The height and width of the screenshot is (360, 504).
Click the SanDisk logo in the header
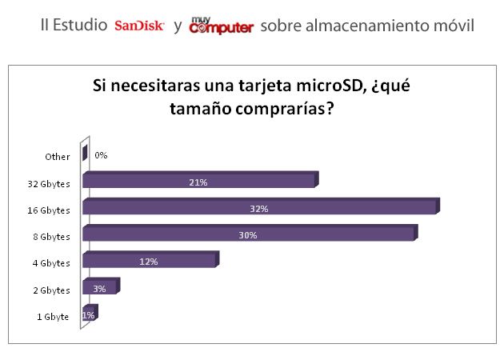click(139, 26)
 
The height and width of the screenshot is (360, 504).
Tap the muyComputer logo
click(221, 26)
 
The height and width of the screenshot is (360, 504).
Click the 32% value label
click(258, 209)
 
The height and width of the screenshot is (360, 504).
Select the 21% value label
click(198, 182)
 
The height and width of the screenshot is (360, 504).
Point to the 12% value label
click(149, 262)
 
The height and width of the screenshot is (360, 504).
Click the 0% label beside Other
click(101, 155)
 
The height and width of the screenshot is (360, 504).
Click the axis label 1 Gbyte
click(53, 317)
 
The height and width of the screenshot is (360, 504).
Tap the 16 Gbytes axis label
click(49, 210)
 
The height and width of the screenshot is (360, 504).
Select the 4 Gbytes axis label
click(51, 263)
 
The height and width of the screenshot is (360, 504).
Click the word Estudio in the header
click(82, 26)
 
